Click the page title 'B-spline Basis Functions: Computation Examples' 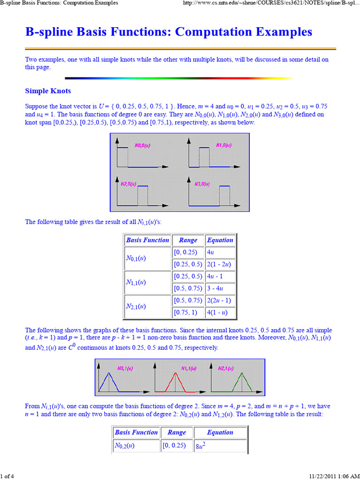point(168,32)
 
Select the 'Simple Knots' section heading point(48,90)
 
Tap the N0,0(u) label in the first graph point(142,145)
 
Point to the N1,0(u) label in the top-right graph point(223,145)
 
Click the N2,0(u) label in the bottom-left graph point(128,184)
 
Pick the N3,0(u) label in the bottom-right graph point(202,184)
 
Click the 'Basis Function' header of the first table point(147,240)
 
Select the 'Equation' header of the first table point(220,240)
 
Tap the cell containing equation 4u point(220,252)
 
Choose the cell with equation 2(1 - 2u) point(220,264)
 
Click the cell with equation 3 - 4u point(220,288)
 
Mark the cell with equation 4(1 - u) point(220,312)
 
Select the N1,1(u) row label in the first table point(136,282)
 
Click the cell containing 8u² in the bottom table point(220,446)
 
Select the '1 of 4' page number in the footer point(7,476)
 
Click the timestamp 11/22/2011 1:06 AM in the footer point(333,476)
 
